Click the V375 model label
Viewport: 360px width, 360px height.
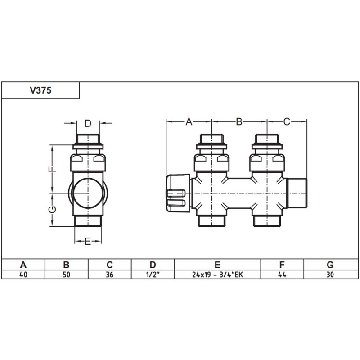[40, 90]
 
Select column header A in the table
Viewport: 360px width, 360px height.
[22, 264]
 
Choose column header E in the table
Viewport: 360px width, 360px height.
[217, 264]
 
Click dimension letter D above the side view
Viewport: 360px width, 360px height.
[88, 123]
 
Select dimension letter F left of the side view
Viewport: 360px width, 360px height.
[52, 169]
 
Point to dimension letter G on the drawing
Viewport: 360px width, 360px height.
[52, 209]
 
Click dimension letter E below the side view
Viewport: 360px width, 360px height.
[88, 242]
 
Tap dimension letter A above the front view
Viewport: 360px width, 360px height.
[189, 121]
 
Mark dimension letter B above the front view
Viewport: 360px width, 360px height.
[239, 121]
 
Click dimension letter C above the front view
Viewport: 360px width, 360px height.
[287, 121]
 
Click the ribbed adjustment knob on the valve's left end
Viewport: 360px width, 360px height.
[176, 194]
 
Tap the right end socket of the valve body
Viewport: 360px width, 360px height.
[297, 193]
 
